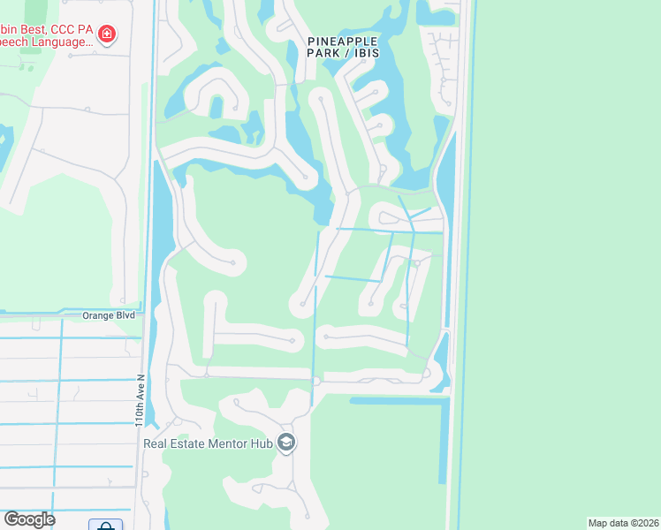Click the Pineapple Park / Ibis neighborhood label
tap(343, 47)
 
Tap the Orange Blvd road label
tap(109, 314)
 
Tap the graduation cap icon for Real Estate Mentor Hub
tap(285, 442)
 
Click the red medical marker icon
tap(107, 34)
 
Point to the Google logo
tap(29, 519)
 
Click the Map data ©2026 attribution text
tap(623, 523)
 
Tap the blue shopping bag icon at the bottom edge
tap(105, 526)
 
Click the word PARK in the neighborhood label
tap(323, 54)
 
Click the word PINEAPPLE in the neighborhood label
tap(343, 41)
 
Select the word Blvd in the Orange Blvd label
tap(126, 314)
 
